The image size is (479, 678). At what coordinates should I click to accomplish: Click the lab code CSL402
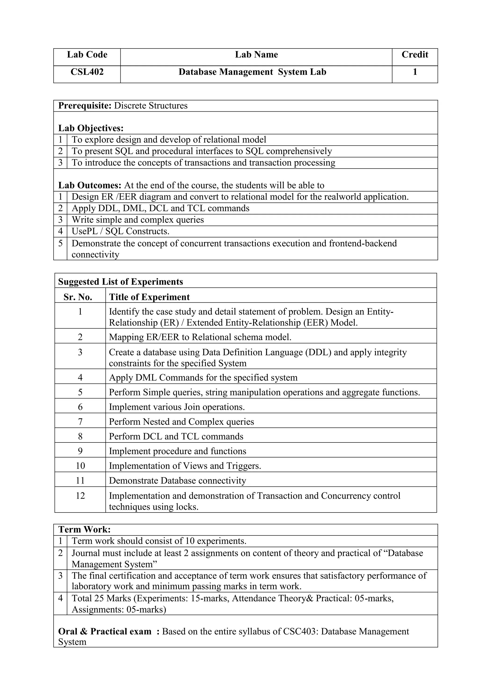(x=87, y=72)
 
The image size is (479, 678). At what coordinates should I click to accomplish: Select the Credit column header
(x=415, y=55)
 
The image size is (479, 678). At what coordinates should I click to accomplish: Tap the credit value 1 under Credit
(x=415, y=72)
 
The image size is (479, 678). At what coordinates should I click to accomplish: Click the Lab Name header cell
(x=256, y=55)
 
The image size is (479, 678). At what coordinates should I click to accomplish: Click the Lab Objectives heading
(x=91, y=129)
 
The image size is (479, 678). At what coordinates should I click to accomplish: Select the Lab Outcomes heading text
(x=90, y=185)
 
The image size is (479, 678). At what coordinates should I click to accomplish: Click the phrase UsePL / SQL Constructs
(x=120, y=231)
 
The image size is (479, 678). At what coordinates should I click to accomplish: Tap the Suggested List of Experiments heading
(x=120, y=282)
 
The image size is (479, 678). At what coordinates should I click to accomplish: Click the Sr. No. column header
(x=78, y=297)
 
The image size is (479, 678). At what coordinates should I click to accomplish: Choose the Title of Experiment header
(x=149, y=297)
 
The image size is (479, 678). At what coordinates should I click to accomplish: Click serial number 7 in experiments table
(x=80, y=422)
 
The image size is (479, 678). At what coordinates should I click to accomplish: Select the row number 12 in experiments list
(x=80, y=496)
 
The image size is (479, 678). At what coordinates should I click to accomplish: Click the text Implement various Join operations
(x=177, y=407)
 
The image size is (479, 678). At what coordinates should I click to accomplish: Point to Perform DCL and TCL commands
(x=176, y=436)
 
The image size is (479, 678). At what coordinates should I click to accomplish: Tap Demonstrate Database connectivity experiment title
(x=177, y=481)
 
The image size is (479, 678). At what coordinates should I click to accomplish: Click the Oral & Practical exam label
(x=105, y=632)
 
